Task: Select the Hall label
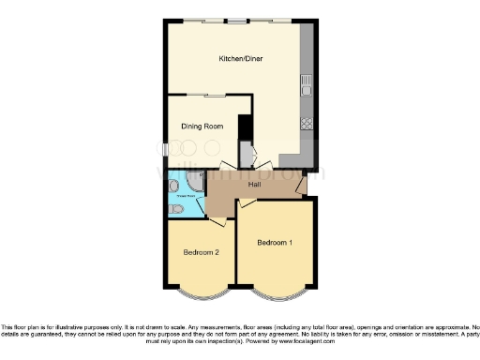pos(254,185)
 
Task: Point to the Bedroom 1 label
pos(275,243)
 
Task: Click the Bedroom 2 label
pos(201,252)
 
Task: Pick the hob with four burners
pos(306,123)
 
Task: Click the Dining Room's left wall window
pos(166,149)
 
